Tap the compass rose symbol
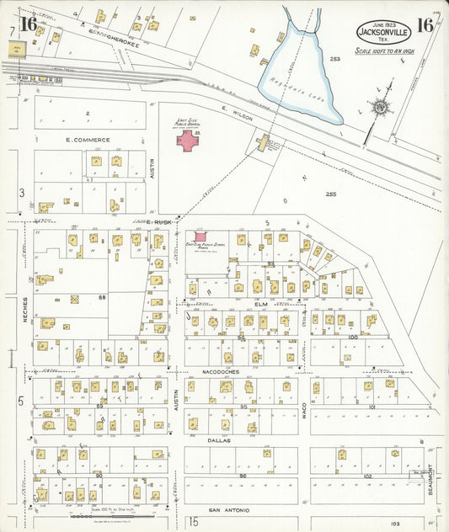(x=380, y=107)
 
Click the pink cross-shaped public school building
(x=189, y=140)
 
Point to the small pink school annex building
(x=200, y=237)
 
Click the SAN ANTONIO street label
(x=226, y=509)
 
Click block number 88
(x=102, y=297)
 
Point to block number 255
(x=330, y=194)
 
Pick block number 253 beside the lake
(x=334, y=60)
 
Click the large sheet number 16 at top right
(x=425, y=25)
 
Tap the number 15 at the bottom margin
(x=193, y=522)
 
